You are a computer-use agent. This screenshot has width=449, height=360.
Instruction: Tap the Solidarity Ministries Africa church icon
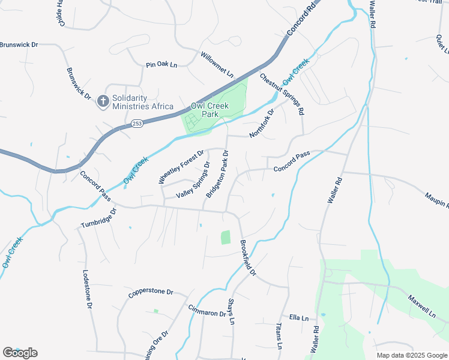point(103,101)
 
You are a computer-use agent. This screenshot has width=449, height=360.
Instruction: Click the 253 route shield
point(137,123)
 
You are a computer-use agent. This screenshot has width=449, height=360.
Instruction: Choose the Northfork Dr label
point(262,123)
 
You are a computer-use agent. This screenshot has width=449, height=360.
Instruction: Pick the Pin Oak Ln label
point(162,64)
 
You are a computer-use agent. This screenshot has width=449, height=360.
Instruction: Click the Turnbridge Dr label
point(98,220)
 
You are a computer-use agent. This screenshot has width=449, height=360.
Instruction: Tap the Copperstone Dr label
point(150,294)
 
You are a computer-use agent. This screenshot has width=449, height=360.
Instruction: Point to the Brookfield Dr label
point(248,257)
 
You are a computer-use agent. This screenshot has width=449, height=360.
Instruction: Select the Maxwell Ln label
point(422,306)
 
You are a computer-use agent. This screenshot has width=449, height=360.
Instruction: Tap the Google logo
point(20,353)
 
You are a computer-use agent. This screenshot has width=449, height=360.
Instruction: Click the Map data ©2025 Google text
point(412,355)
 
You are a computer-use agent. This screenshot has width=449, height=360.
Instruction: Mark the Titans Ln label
point(279,335)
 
